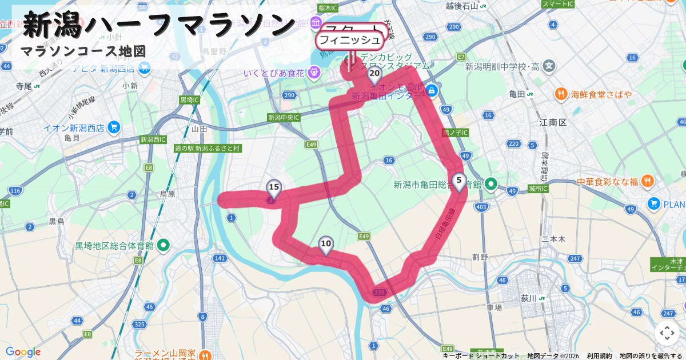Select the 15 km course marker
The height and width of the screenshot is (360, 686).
pyautogui.click(x=274, y=187)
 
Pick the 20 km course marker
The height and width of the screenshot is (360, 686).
pyautogui.click(x=374, y=74)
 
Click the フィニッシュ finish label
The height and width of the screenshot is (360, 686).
pyautogui.click(x=349, y=40)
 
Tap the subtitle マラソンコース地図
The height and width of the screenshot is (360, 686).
pyautogui.click(x=83, y=51)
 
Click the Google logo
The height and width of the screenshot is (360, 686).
pyautogui.click(x=23, y=352)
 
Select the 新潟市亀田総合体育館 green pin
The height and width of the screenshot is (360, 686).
pyautogui.click(x=491, y=185)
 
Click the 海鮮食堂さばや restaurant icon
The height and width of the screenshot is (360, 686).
pyautogui.click(x=561, y=94)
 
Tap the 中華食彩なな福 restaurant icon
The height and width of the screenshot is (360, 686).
pyautogui.click(x=647, y=182)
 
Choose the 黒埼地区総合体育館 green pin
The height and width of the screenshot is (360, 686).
pyautogui.click(x=163, y=246)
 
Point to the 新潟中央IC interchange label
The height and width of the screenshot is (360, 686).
pyautogui.click(x=284, y=118)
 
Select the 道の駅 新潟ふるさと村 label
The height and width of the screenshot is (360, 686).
pyautogui.click(x=208, y=148)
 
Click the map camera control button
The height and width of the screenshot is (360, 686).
pyautogui.click(x=667, y=333)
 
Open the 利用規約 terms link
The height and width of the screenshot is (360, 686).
pyautogui.click(x=599, y=356)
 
